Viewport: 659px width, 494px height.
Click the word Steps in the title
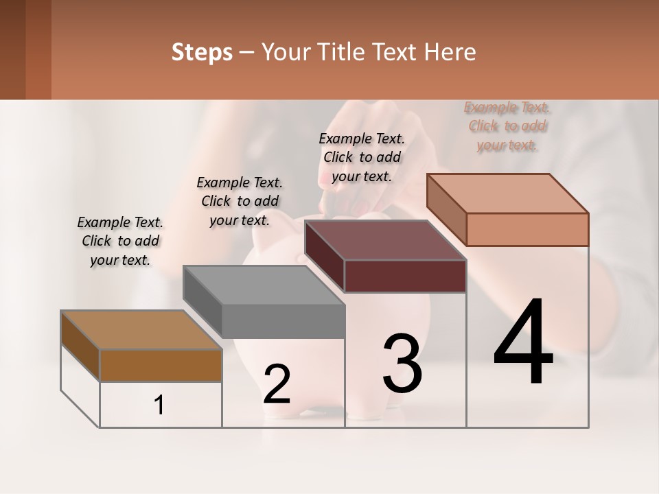202,52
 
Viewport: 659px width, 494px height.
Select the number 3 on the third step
402,364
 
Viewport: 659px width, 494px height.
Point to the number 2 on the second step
277,384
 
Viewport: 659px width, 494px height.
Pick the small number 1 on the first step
159,405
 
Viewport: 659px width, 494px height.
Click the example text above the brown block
120,241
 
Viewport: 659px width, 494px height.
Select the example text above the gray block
240,201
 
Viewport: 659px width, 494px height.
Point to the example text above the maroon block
362,157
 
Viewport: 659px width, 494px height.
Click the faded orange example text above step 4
507,126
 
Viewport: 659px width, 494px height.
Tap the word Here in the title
451,52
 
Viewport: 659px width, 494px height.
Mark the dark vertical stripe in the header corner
12,49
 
